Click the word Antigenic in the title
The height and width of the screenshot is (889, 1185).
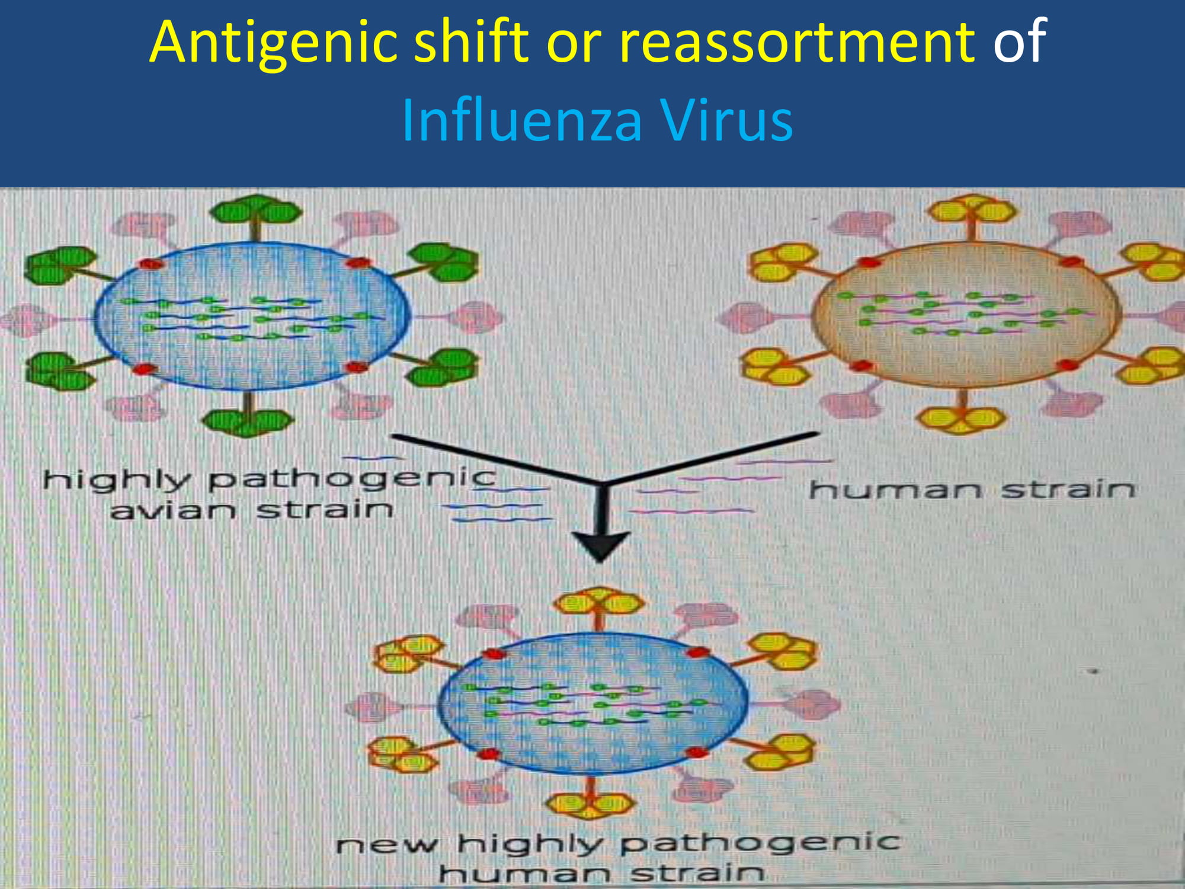[273, 41]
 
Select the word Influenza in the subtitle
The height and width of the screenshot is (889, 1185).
[521, 121]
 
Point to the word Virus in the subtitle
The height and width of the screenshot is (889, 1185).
[726, 121]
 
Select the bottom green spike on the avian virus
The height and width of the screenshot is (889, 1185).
[248, 415]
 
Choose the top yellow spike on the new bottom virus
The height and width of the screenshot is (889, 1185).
[598, 608]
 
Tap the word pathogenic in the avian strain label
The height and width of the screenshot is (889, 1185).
[352, 479]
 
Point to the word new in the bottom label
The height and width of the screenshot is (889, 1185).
[387, 845]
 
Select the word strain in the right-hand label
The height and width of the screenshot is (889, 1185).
[1068, 490]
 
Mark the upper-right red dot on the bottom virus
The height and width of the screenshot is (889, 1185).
[698, 653]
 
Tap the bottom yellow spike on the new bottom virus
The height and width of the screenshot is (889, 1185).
[590, 798]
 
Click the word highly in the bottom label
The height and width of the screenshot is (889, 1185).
[530, 844]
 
